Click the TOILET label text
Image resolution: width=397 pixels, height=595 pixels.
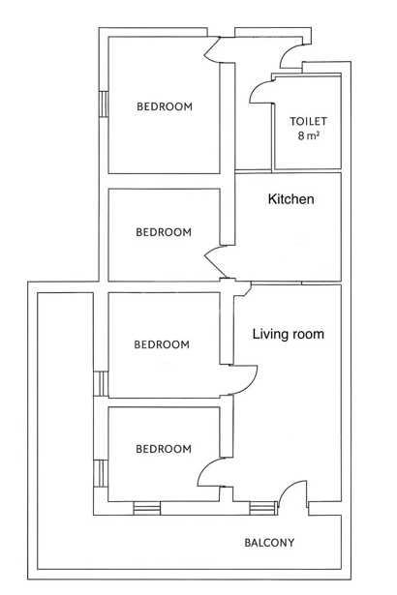point(308,121)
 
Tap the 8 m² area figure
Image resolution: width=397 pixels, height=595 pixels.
point(308,135)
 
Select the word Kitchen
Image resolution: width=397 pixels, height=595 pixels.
point(291,199)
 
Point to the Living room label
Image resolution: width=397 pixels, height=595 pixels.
point(289,334)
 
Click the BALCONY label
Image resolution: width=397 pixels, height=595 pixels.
point(269,543)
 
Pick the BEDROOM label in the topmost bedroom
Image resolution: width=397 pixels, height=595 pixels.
point(165,106)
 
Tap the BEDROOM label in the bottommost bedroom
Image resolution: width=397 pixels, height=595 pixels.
point(164,449)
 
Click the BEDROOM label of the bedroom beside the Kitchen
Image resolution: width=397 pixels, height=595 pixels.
point(164,232)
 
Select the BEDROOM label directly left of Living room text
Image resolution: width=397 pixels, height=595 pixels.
point(162,344)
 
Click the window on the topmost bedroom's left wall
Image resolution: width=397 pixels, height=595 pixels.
point(104,104)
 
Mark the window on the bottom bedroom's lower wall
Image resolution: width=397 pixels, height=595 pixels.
point(146,509)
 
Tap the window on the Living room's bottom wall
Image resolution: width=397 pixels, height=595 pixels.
point(263,509)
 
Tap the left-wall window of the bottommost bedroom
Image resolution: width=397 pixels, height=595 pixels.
point(101,473)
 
